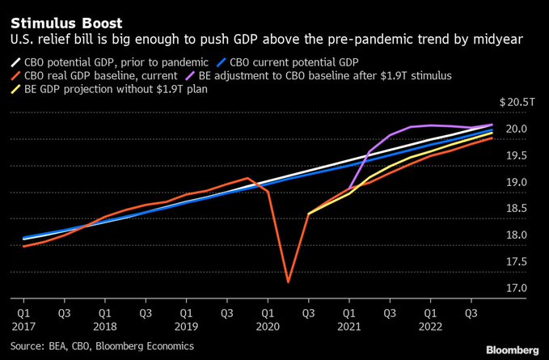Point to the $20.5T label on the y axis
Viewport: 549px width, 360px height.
517,103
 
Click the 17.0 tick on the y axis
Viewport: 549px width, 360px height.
517,289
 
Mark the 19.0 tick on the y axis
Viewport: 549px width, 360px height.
517,183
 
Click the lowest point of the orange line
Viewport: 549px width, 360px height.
288,282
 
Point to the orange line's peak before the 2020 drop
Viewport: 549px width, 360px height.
247,178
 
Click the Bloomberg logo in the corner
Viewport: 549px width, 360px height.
513,349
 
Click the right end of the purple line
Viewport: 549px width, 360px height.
492,125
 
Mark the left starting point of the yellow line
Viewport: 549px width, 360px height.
309,214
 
